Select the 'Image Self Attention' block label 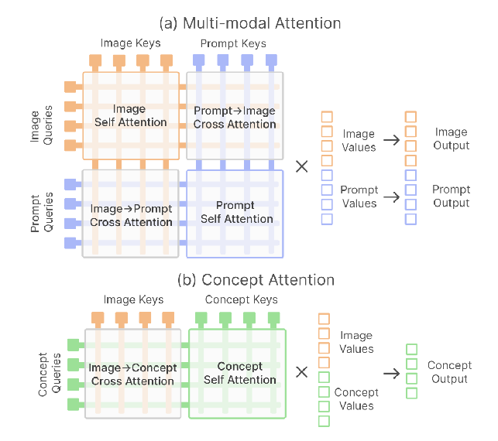[x=130, y=115]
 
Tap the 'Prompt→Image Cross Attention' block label [x=234, y=117]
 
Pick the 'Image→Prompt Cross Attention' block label [x=131, y=215]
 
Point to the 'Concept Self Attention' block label [x=239, y=373]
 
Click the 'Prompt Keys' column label [x=233, y=43]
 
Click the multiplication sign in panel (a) [x=302, y=166]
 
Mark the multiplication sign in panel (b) [x=302, y=372]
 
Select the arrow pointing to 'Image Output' [x=390, y=140]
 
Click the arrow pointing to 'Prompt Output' [x=390, y=197]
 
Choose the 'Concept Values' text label [x=355, y=398]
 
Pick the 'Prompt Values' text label [x=359, y=197]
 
